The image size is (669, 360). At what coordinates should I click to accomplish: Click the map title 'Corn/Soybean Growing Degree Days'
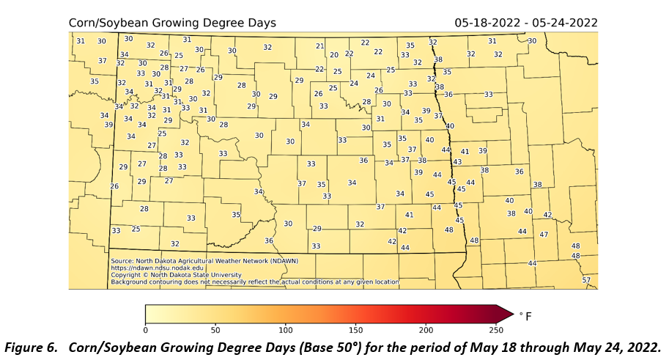point(172,23)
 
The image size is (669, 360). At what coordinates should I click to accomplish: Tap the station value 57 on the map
point(585,280)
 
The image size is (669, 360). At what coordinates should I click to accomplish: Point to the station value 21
point(319,46)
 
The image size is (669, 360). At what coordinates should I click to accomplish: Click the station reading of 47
point(544,235)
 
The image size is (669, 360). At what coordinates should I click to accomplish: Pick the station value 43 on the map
point(457,161)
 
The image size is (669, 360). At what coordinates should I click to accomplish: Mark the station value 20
point(334,55)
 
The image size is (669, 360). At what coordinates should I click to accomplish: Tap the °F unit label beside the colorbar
point(525,315)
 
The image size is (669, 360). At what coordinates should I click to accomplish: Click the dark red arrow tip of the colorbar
point(506,314)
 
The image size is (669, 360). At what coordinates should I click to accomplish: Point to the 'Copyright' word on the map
point(126,274)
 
